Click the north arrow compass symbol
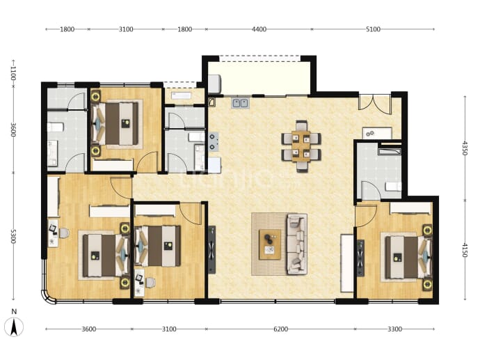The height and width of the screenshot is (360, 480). point(14,327)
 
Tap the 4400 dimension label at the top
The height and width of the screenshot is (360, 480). point(259,29)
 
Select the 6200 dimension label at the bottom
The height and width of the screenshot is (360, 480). point(280,329)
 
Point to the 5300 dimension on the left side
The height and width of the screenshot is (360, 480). point(13,236)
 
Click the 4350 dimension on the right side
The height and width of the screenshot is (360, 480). point(465,148)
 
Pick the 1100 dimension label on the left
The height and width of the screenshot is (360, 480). point(13,74)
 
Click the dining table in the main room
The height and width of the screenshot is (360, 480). point(301,146)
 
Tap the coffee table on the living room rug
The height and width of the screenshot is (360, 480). point(270,244)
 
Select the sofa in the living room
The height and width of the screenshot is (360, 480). point(296,244)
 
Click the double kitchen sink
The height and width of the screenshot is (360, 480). point(240,103)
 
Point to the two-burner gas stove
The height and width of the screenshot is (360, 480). point(213,142)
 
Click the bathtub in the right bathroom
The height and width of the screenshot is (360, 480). point(390,151)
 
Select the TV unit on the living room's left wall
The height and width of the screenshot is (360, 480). point(212,250)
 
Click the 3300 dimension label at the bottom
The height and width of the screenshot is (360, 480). point(394,329)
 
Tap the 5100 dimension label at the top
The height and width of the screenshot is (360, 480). point(373,29)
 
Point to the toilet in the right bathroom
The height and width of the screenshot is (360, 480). point(393,187)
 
